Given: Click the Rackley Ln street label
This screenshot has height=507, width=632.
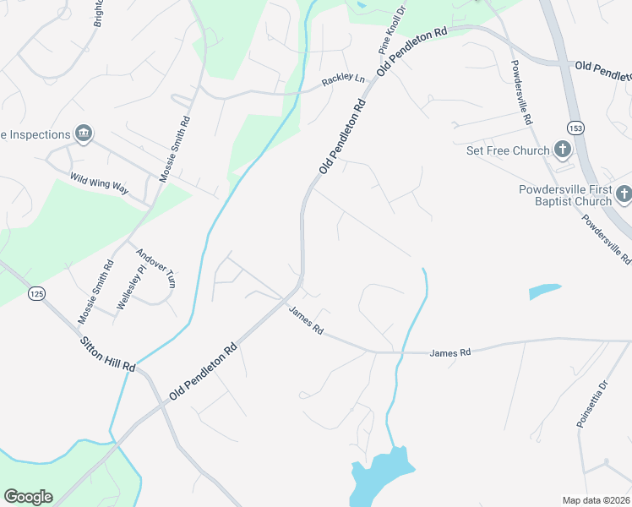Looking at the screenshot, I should click(x=343, y=81).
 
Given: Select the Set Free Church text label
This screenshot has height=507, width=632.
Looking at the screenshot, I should click(x=509, y=151).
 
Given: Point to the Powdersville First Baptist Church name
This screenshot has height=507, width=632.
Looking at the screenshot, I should click(x=564, y=195).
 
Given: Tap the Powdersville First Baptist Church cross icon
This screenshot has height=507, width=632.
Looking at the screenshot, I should click(x=624, y=195).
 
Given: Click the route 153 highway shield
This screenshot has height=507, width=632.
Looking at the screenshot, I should click(x=575, y=128).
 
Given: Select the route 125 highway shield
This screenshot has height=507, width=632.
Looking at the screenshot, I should click(x=36, y=293).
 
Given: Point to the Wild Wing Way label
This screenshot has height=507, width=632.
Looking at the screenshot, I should click(x=99, y=183).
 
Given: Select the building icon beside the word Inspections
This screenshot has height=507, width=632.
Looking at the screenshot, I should click(x=84, y=133).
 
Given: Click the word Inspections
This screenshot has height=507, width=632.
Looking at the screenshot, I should click(x=40, y=134).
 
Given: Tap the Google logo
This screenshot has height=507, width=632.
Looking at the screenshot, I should click(x=28, y=497).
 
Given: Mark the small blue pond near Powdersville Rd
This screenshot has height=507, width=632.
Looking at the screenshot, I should click(x=544, y=291).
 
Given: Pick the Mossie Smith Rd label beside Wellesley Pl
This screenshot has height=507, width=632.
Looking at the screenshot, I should click(x=95, y=292).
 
